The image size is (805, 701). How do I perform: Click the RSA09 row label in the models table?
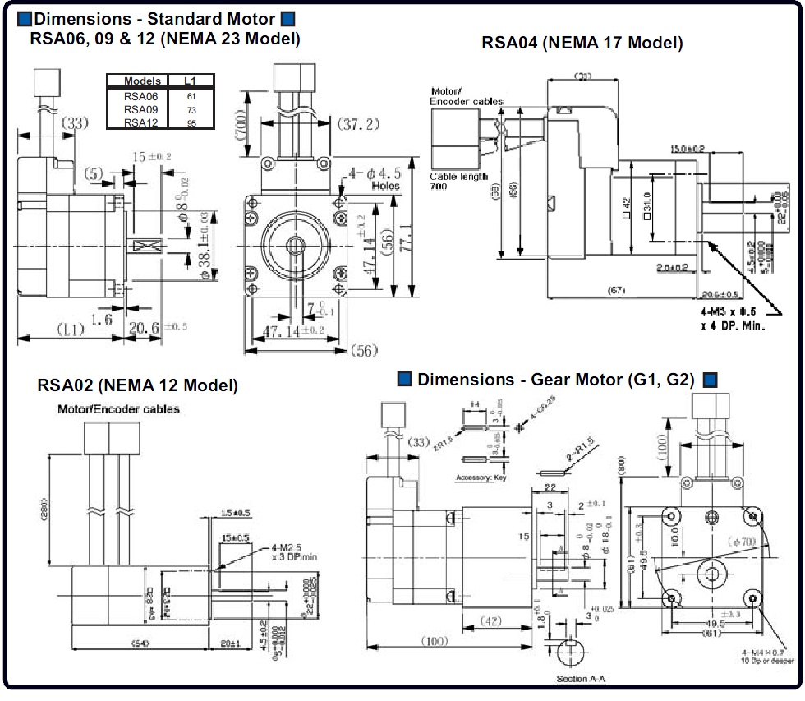[x=136, y=109]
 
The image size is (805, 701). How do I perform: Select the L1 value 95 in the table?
[x=191, y=122]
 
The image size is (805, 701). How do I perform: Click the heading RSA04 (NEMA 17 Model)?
[x=582, y=44]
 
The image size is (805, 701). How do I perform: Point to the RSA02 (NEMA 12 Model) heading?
[x=138, y=385]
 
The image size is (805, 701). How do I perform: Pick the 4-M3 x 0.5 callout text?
[x=729, y=313]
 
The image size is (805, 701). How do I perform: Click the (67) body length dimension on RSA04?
[x=619, y=290]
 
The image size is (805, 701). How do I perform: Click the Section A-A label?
[x=583, y=680]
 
